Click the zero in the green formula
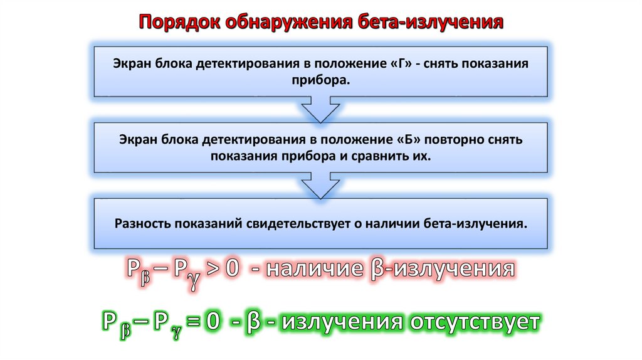click(x=213, y=322)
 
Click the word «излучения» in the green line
click(x=342, y=322)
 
